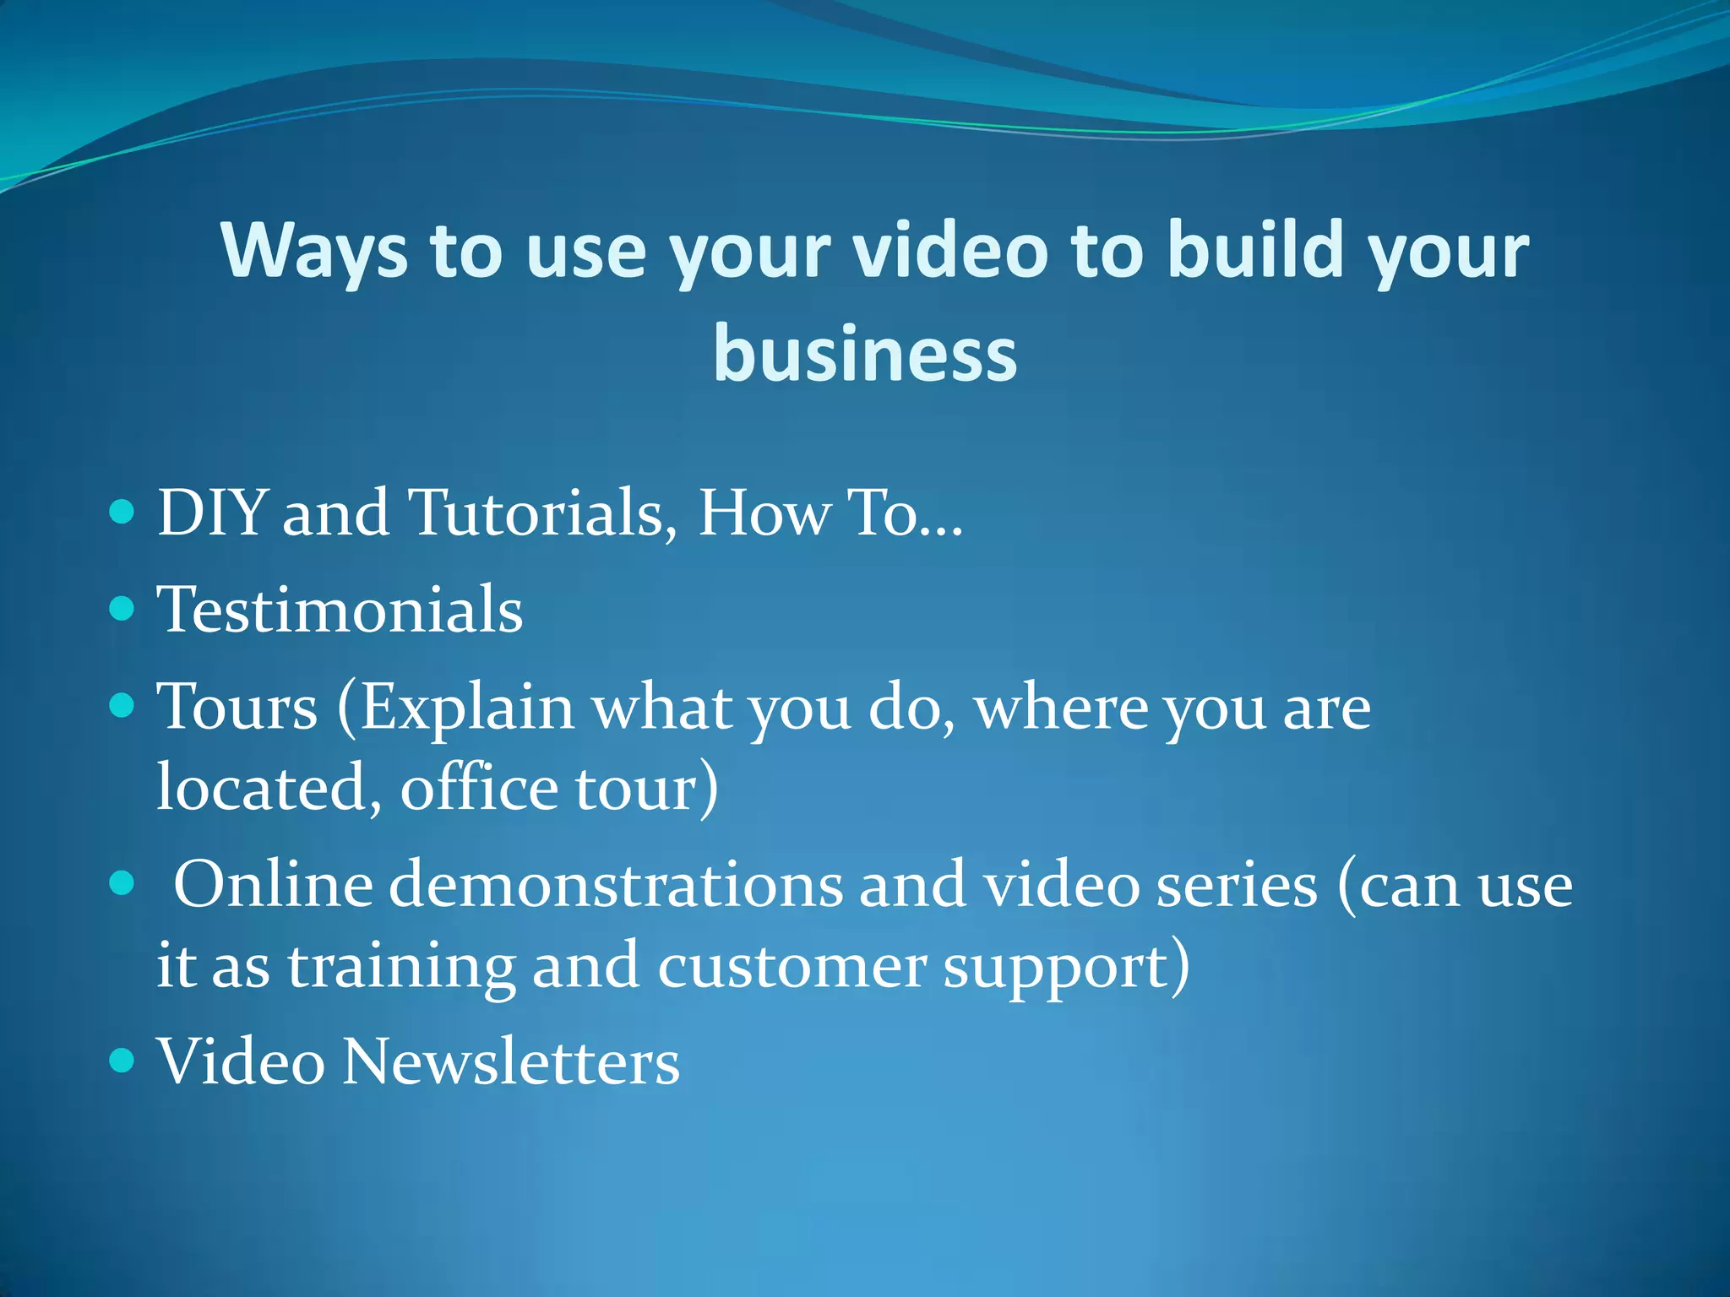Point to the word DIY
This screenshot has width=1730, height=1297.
pyautogui.click(x=212, y=513)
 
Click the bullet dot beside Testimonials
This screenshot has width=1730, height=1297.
pyautogui.click(x=122, y=608)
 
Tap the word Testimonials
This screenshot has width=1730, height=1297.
pyautogui.click(x=340, y=610)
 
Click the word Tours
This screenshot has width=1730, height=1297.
pyautogui.click(x=237, y=707)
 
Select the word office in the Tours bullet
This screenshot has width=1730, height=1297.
pyautogui.click(x=479, y=788)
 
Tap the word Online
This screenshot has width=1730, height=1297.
pyautogui.click(x=273, y=885)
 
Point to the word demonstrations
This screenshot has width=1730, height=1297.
pyautogui.click(x=616, y=885)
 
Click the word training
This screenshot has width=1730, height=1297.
pyautogui.click(x=401, y=967)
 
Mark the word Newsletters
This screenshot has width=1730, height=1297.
pyautogui.click(x=511, y=1061)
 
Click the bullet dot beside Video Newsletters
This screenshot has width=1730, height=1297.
pyautogui.click(x=122, y=1060)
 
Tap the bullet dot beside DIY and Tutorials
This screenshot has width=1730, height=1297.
pyautogui.click(x=122, y=512)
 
